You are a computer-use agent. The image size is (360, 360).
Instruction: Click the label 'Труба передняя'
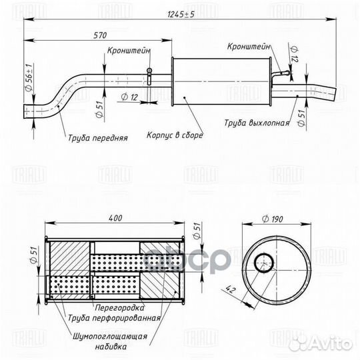pos(97,139)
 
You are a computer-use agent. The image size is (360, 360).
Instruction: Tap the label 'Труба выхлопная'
pos(256,123)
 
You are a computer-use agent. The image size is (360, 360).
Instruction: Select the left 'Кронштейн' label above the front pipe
pos(129,50)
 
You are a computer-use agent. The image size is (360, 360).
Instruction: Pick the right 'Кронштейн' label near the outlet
pos(248,47)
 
